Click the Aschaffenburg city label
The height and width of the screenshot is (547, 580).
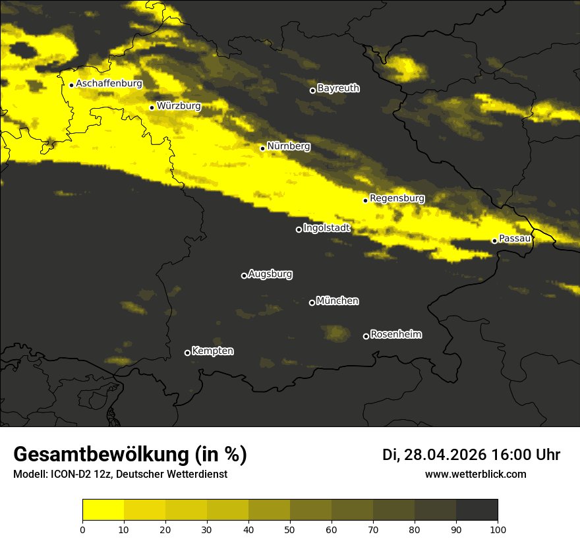pos(109,84)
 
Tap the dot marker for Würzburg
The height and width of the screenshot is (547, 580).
pos(152,107)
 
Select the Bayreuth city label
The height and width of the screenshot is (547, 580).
pos(338,88)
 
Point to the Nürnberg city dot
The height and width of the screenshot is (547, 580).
pos(262,148)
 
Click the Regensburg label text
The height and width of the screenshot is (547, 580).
pos(397,198)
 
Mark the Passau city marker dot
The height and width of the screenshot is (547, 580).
pos(494,241)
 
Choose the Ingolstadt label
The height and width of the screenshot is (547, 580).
pos(327,228)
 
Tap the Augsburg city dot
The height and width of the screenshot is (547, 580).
pos(244,275)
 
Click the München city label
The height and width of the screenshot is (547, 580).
pos(337,301)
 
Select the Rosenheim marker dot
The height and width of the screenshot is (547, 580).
pos(366,337)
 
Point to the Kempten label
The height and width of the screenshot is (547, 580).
pos(212,351)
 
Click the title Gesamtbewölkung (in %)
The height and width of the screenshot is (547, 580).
pos(130,455)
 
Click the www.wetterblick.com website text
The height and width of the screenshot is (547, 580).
pos(475,474)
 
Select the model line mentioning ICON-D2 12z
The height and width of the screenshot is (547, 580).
pos(120,475)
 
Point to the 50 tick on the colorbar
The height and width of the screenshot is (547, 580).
pos(290,529)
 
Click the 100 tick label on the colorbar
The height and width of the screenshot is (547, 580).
pos(498,529)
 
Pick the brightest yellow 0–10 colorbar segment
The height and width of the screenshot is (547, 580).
pos(103,509)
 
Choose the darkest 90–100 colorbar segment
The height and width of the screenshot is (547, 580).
pos(477,509)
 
